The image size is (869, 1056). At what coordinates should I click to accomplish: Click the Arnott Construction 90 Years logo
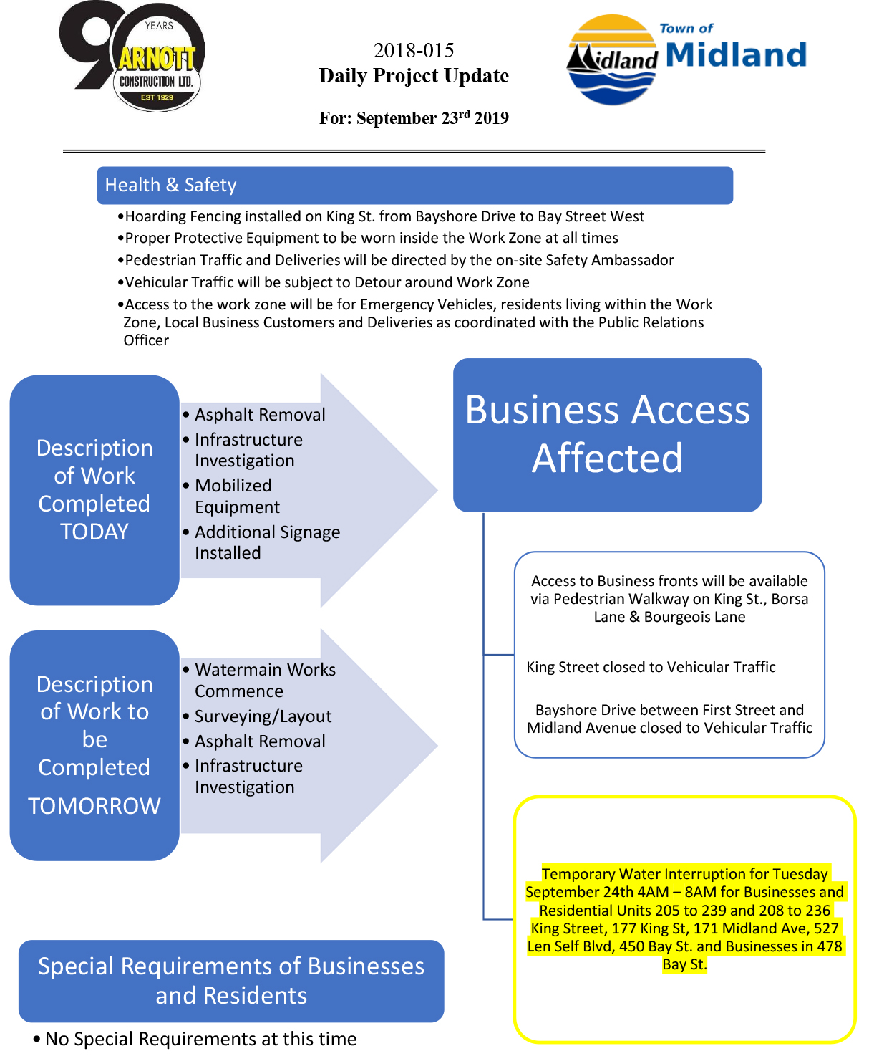click(x=132, y=56)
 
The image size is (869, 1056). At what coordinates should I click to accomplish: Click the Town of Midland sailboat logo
click(x=612, y=59)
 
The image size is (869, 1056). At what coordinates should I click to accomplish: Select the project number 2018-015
click(x=414, y=50)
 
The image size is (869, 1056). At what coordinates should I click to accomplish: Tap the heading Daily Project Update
click(x=414, y=75)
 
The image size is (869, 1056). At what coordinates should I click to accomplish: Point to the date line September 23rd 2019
click(x=414, y=117)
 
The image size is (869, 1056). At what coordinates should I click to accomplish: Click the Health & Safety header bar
click(x=414, y=185)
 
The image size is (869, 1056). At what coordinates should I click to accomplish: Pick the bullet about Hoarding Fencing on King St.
click(x=381, y=216)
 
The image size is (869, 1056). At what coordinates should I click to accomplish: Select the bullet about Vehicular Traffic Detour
click(x=324, y=282)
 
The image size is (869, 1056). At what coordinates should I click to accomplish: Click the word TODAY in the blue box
click(x=94, y=532)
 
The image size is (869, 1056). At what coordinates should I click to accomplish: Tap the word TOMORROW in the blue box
click(x=94, y=806)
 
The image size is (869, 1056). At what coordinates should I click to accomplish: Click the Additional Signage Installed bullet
click(x=262, y=542)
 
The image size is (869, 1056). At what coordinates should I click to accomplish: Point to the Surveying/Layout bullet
click(x=258, y=716)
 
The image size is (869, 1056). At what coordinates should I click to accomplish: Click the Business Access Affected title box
click(x=607, y=435)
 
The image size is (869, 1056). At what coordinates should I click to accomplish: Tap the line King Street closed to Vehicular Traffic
click(x=651, y=667)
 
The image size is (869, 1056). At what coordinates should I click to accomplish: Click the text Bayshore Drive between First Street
click(x=669, y=709)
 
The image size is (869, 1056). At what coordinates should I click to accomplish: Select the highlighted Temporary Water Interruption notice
click(x=684, y=919)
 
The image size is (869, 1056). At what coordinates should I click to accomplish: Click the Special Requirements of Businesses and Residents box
click(x=231, y=981)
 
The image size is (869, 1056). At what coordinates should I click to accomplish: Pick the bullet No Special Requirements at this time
click(x=195, y=1039)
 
